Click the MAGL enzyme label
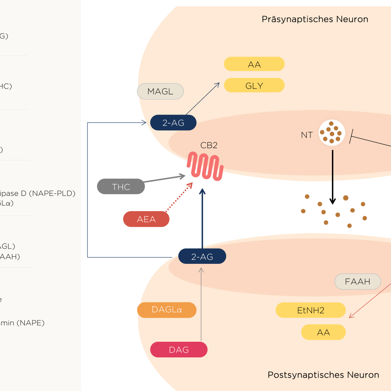(x=160, y=92)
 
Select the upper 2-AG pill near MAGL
(x=173, y=123)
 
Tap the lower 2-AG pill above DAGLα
(x=202, y=257)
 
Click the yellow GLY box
(x=254, y=85)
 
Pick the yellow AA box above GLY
(x=254, y=64)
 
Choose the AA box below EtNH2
(x=323, y=332)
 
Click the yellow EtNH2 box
(x=310, y=310)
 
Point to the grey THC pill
(x=121, y=187)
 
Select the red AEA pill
(x=146, y=219)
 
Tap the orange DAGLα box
(x=167, y=310)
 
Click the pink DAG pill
(x=179, y=350)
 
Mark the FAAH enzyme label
(x=358, y=282)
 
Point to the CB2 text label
(x=209, y=145)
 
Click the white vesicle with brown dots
(x=332, y=133)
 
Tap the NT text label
(x=307, y=135)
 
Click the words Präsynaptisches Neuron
(x=315, y=19)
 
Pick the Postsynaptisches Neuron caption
(x=323, y=375)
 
